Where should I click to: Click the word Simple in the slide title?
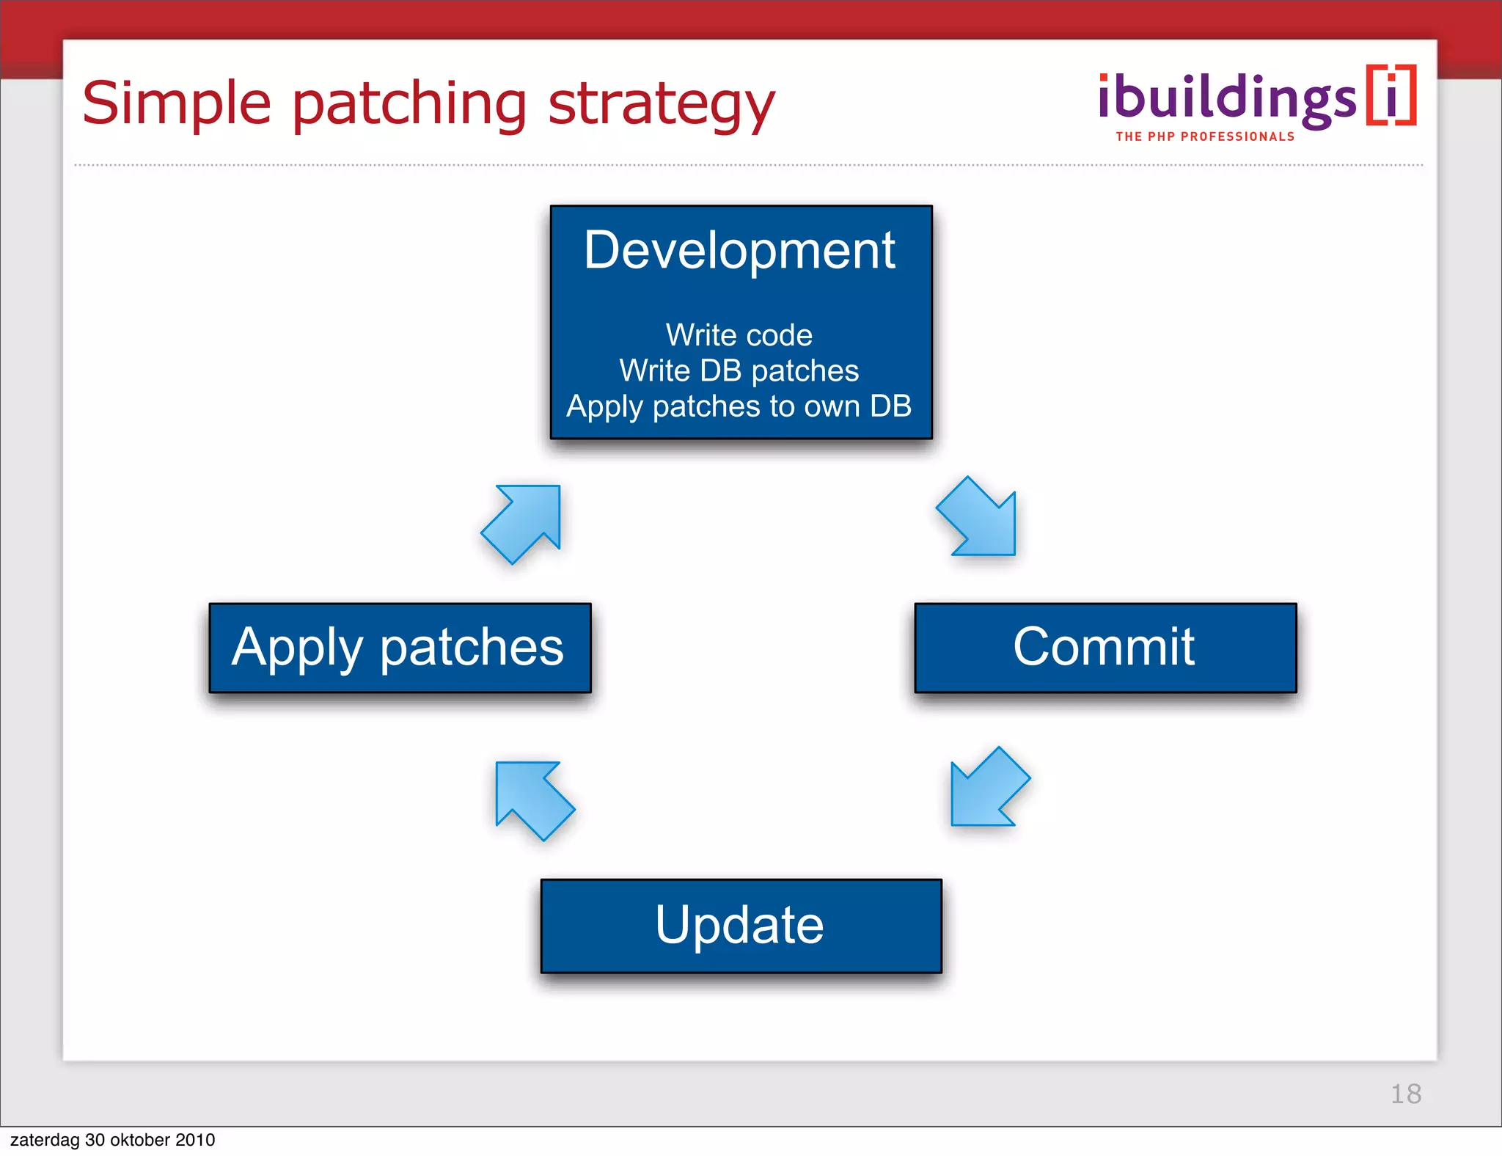coord(177,104)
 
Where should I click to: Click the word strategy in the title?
coord(662,104)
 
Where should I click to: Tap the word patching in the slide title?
coord(409,104)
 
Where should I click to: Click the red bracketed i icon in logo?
coord(1391,96)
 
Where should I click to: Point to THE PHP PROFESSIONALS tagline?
coord(1205,136)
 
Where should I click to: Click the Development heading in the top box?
coord(739,251)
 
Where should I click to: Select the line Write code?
coord(739,335)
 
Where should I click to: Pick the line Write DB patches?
coord(739,370)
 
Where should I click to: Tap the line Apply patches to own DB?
coord(739,406)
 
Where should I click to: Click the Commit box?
coord(1105,648)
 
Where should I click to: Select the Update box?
coord(741,926)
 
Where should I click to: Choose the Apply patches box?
coord(400,648)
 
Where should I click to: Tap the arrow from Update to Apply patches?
coord(531,797)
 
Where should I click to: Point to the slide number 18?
coord(1405,1094)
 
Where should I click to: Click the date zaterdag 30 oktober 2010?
coord(112,1140)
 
